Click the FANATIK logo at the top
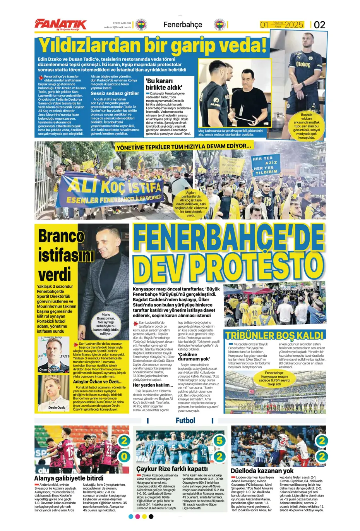click(61, 24)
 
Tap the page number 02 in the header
click(319, 25)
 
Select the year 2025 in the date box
click(294, 25)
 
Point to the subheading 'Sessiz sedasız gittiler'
click(115, 93)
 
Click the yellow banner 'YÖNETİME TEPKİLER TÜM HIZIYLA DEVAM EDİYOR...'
click(183, 146)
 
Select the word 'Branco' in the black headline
click(61, 236)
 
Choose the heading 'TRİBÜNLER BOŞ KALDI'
click(274, 335)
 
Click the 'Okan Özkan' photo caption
click(48, 369)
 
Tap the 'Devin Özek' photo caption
click(57, 407)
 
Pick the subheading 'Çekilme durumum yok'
click(194, 357)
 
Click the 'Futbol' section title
click(185, 421)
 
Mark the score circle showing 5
click(219, 440)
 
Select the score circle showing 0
click(124, 456)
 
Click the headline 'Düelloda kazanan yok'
click(262, 471)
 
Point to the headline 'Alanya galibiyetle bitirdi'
click(69, 478)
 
